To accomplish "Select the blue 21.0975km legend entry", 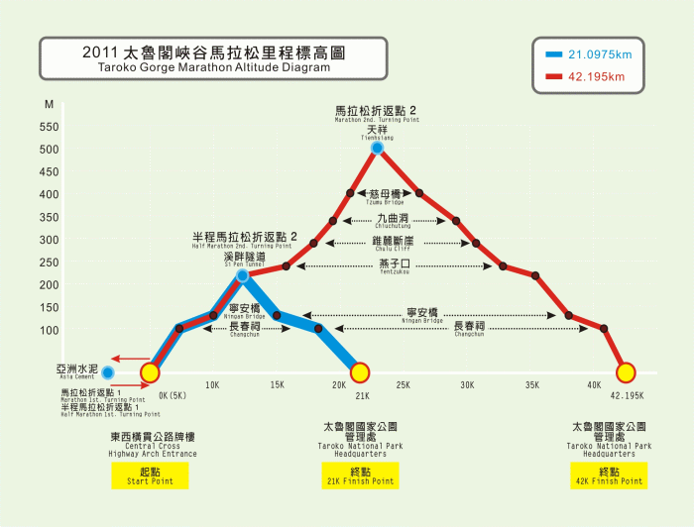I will point(584,54).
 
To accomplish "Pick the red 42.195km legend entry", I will point(584,75).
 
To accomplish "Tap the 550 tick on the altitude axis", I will point(49,127).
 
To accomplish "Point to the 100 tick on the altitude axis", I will point(49,330).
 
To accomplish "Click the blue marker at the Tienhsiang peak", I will point(378,149).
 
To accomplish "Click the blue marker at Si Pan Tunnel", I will point(242,275).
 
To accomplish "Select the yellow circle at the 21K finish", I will point(360,372).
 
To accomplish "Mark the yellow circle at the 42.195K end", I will point(626,372).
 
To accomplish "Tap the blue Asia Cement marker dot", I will point(107,372).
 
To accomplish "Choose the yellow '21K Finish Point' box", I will point(361,476).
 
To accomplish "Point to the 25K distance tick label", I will point(404,384).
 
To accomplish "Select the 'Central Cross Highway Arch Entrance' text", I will point(153,449).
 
